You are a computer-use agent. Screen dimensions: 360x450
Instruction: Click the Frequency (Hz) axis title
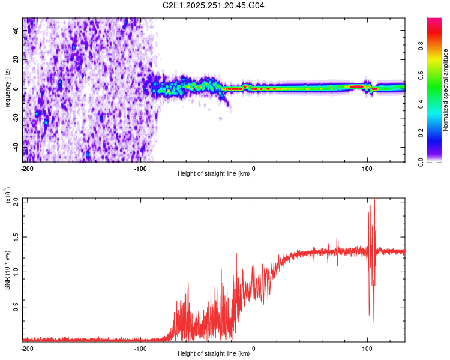point(7,89)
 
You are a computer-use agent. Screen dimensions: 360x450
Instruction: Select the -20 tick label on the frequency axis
point(15,118)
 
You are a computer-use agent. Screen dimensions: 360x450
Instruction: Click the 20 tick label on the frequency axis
point(16,60)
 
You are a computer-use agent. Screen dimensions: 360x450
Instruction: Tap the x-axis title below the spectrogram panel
point(214,174)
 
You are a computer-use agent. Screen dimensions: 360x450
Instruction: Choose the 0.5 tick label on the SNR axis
point(16,306)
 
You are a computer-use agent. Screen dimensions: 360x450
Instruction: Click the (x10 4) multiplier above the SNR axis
point(8,195)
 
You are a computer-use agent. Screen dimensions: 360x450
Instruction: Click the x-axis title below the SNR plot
point(214,353)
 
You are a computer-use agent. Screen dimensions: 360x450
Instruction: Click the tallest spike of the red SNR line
point(374,200)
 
